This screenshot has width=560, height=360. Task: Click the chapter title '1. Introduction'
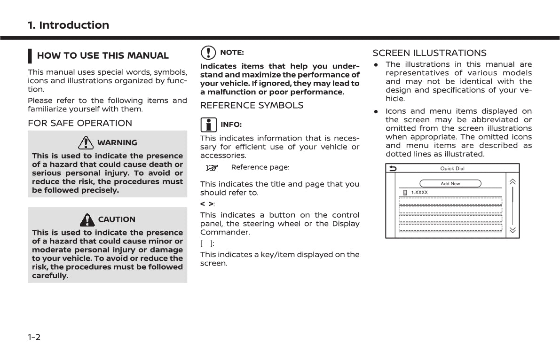coord(68,25)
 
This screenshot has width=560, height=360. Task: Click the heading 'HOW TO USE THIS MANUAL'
coord(103,55)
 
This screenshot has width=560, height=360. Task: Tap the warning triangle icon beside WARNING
coord(86,142)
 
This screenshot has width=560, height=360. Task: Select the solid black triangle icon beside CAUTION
coord(87,219)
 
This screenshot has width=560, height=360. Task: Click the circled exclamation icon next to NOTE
coord(207,53)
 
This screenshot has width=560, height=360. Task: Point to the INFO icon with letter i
coord(208,125)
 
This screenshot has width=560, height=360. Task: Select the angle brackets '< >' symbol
coord(206,204)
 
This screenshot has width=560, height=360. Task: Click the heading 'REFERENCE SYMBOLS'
coord(252,105)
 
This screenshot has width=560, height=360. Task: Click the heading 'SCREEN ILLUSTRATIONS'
coord(429,53)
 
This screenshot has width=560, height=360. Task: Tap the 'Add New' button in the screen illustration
coord(450,184)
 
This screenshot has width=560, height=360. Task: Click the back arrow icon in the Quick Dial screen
coord(393,169)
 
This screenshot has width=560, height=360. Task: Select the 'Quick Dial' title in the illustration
coord(452,169)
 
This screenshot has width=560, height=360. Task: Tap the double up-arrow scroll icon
coord(512,182)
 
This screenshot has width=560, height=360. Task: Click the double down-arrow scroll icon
coord(512,230)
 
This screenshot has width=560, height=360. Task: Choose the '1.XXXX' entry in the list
coord(419,193)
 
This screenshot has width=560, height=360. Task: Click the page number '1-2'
coord(34,337)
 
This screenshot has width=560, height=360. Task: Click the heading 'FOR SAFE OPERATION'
coord(80,123)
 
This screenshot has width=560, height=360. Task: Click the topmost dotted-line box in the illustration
coord(450,202)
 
